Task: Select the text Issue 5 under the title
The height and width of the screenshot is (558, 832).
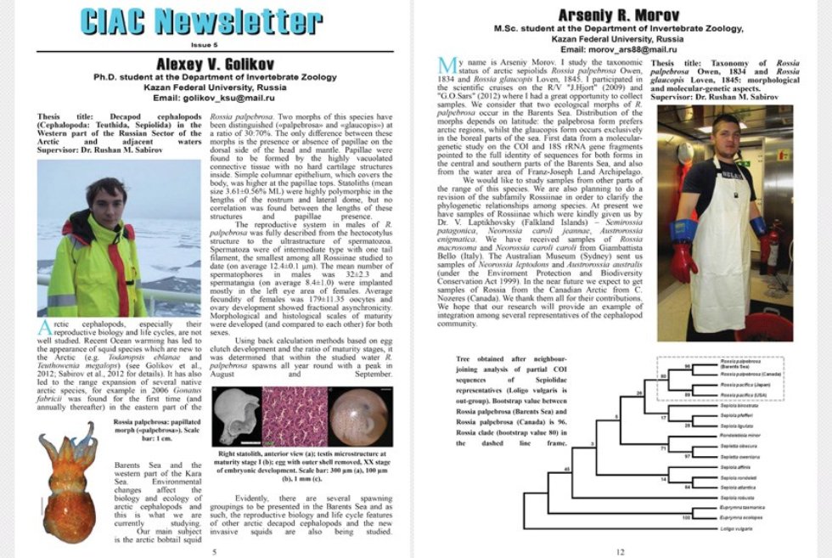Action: point(203,43)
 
